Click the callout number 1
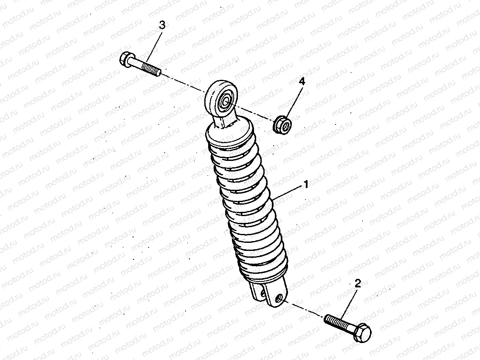pyautogui.click(x=305, y=185)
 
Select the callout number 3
pyautogui.click(x=162, y=25)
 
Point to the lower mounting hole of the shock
pyautogui.click(x=279, y=299)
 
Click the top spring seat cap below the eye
pyautogui.click(x=229, y=134)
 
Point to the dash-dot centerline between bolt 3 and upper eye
pyautogui.click(x=183, y=82)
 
